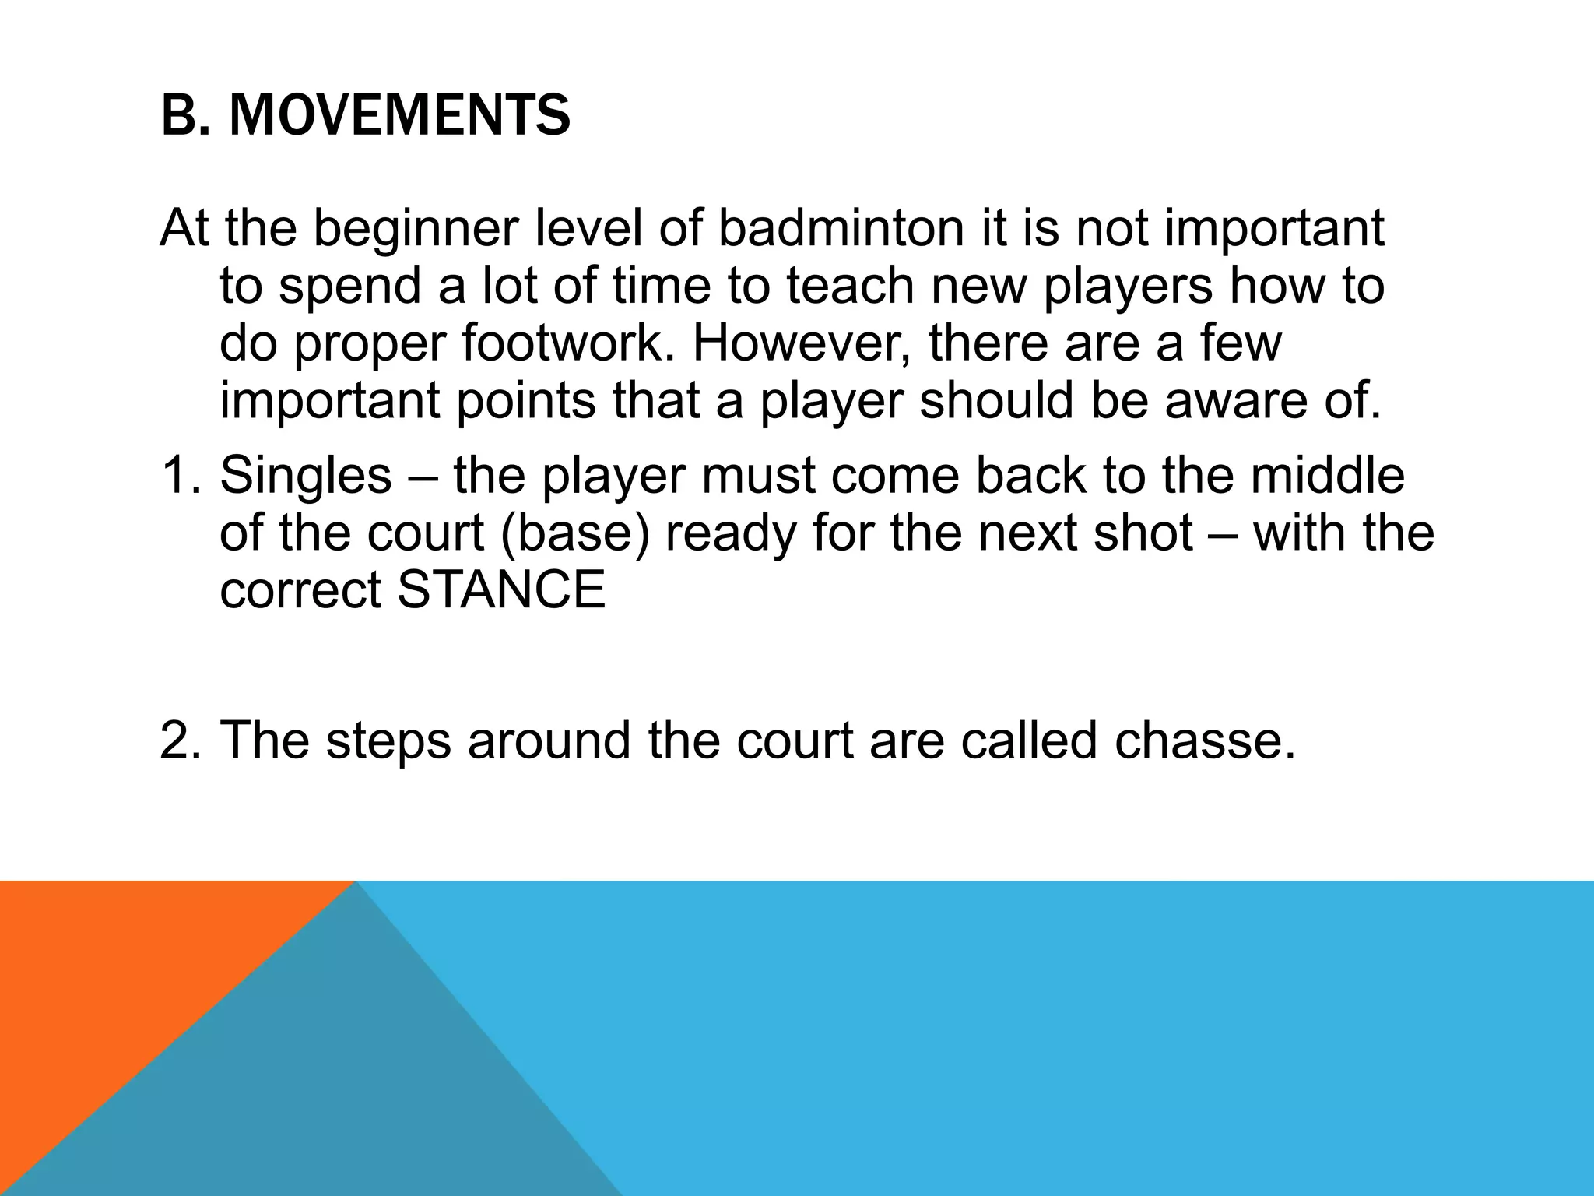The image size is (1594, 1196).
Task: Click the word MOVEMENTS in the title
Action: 399,116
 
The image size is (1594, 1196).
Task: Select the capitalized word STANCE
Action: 501,589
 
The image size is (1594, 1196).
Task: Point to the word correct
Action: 300,589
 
